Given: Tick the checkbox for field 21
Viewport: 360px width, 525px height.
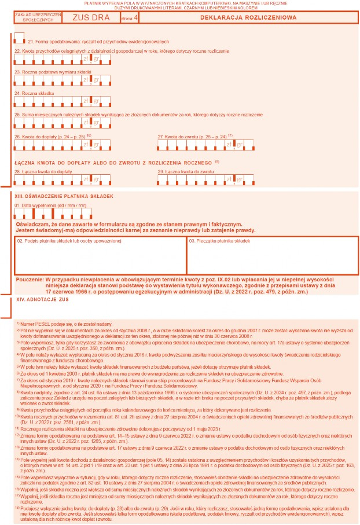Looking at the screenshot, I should click(20, 38).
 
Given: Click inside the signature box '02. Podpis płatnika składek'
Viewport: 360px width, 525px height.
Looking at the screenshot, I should click(98, 258).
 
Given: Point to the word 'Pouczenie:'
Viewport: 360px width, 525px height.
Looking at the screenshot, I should click(31, 279).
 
